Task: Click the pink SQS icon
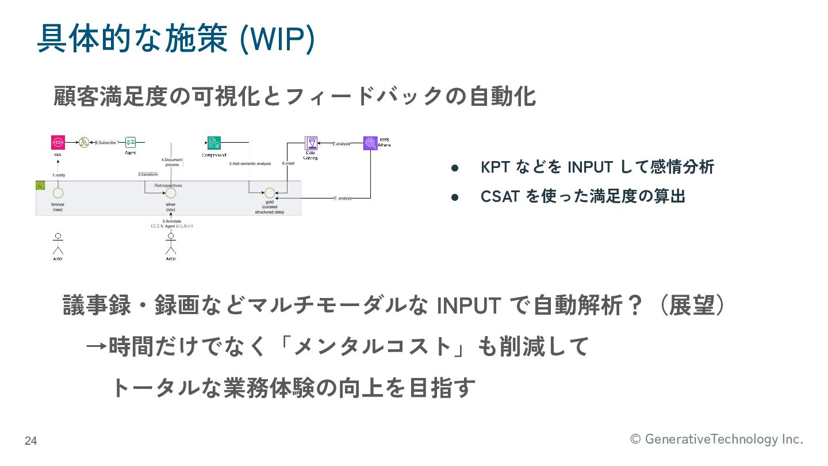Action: coord(57,142)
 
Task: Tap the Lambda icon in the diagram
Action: coord(84,142)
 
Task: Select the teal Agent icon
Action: coord(131,142)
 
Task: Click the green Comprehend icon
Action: coord(214,143)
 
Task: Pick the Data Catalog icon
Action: coord(311,143)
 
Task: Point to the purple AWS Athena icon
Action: coord(371,143)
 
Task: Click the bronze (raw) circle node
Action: coord(57,192)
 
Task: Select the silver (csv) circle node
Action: coord(170,192)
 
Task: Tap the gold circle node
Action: coord(269,193)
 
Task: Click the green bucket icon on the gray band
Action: coord(41,186)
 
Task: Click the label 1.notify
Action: coord(59,174)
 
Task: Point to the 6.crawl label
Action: coord(289,164)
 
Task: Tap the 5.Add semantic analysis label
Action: coord(250,164)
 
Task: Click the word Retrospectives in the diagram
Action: coord(168,185)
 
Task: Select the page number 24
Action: coord(30,441)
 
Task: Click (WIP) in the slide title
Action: coord(277,39)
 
